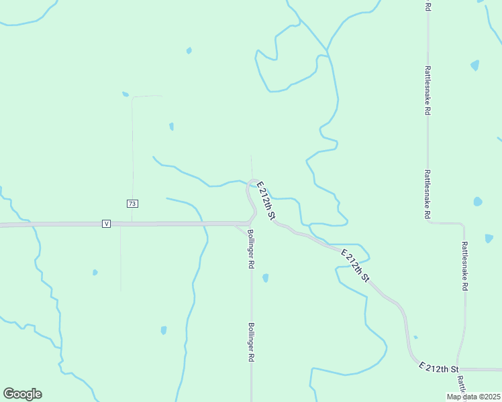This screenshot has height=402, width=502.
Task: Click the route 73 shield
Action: pos(132,204)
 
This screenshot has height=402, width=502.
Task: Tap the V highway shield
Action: pos(106,223)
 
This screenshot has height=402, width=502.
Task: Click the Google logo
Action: pos(22,394)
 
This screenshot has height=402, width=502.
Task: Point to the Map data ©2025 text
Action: pos(473,397)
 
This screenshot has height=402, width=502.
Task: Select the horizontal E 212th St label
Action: pos(438,368)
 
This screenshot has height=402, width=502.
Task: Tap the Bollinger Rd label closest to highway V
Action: pos(250,249)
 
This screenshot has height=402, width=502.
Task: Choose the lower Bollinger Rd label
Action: pos(251,342)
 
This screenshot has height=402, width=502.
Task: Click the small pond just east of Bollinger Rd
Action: pos(266,277)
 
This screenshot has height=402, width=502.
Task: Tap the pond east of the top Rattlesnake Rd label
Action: pos(475,65)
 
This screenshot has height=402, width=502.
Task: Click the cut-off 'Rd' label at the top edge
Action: pos(428,5)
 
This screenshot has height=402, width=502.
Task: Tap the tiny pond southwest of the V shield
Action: pos(95,272)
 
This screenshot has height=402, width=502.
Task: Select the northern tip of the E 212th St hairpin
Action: pos(253,180)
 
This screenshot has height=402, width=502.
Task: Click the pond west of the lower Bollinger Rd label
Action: pos(164,330)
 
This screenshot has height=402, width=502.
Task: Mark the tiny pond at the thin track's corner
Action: pos(125,94)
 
